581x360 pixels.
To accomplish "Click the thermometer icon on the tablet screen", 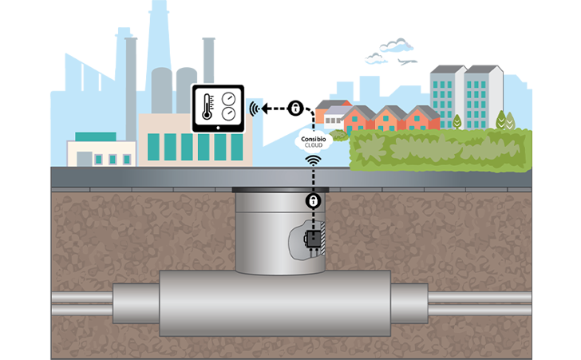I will tap(206, 106).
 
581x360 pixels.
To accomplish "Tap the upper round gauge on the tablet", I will tap(228, 99).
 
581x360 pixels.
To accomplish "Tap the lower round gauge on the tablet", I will tap(228, 115).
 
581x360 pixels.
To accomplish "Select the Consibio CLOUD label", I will tap(310, 143).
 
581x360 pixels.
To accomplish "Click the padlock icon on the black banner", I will tap(295, 108).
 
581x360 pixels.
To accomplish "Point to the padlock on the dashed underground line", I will tap(314, 199).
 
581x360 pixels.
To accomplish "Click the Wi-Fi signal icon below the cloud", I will tap(314, 161).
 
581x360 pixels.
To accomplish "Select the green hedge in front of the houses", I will tap(439, 150).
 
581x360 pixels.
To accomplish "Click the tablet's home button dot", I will tap(218, 129).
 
